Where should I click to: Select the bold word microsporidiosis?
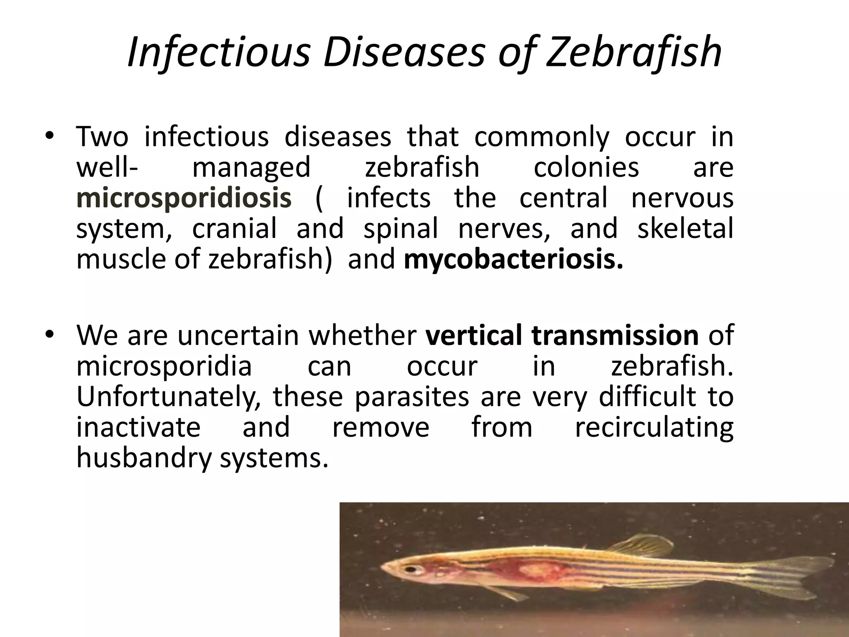pos(184,198)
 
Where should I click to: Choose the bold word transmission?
pos(615,335)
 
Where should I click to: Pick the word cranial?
pos(234,229)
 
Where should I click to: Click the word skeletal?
pos(685,229)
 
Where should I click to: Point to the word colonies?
pos(586,168)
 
